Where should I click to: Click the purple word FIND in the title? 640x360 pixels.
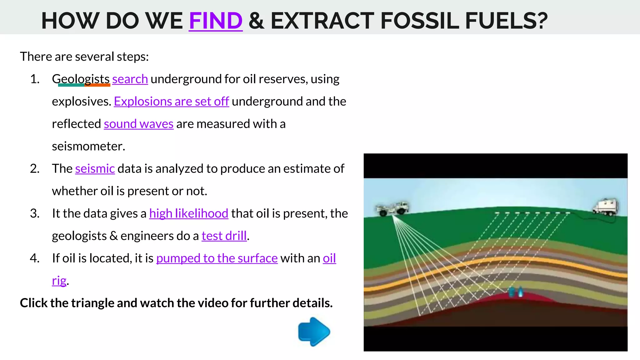[216, 21]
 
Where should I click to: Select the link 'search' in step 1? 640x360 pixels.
[130, 79]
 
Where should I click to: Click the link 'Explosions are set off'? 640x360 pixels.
[171, 102]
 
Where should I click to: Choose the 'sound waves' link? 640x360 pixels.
[138, 124]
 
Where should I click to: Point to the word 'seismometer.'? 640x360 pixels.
[88, 146]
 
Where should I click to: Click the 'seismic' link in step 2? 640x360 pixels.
[95, 169]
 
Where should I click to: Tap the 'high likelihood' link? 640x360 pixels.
[189, 213]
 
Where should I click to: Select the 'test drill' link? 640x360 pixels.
[224, 236]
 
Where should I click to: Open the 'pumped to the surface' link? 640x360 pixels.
[217, 258]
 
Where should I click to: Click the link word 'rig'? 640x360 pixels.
[59, 281]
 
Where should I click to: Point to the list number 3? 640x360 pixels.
[35, 213]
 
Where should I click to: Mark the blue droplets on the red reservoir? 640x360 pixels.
[516, 292]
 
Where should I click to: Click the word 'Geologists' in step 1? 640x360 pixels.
[81, 79]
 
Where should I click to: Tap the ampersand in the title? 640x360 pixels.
[257, 21]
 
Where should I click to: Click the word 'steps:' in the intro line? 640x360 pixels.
[132, 57]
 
